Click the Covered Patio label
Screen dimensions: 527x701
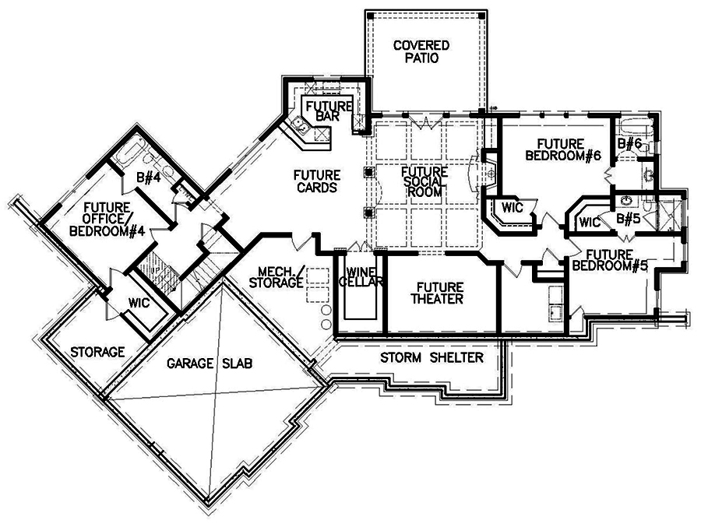point(421,51)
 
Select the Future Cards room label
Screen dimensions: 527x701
point(316,181)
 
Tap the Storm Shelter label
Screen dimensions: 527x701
point(432,358)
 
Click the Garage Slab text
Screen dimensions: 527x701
point(212,364)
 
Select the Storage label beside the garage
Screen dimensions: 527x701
point(97,352)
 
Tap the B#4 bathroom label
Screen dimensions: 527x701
point(148,178)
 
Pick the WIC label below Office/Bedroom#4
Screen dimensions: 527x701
point(139,302)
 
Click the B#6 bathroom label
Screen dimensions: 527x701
point(629,143)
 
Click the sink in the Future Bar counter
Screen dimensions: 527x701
point(298,125)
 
